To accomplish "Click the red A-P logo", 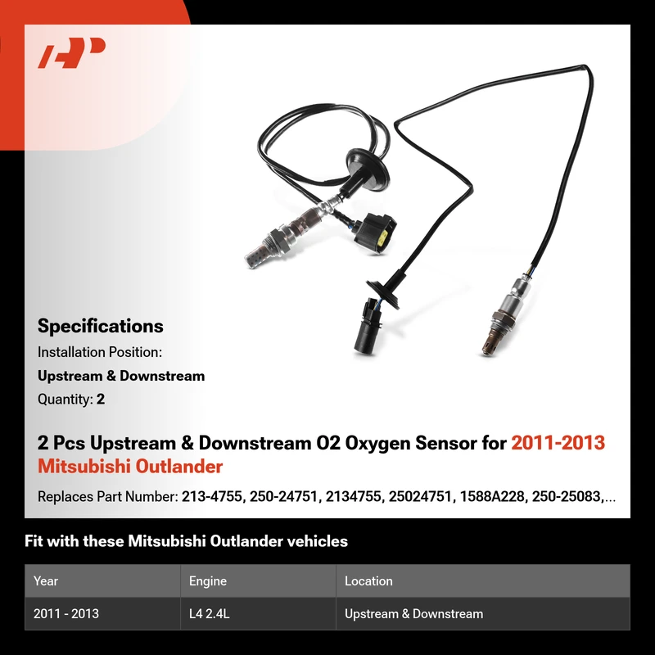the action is point(71,52).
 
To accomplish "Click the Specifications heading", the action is point(100,326).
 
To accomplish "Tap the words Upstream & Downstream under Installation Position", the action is point(121,376).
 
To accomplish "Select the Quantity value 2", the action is point(101,400).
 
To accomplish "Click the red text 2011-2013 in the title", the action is point(558,443).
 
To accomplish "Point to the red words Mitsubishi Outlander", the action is point(130,467).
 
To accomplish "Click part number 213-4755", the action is point(212,497).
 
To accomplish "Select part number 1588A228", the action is point(492,497).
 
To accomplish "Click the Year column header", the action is point(46,581).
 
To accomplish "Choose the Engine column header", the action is point(208,581).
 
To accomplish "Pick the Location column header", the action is point(368,581).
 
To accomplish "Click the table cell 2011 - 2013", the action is point(66,613).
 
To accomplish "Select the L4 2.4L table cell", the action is point(210,613).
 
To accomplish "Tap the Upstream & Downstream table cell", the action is point(413,613).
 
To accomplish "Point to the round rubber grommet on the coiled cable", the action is point(367,166).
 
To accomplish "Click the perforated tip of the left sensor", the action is point(255,257).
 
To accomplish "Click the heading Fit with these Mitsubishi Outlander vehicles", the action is point(186,541).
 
